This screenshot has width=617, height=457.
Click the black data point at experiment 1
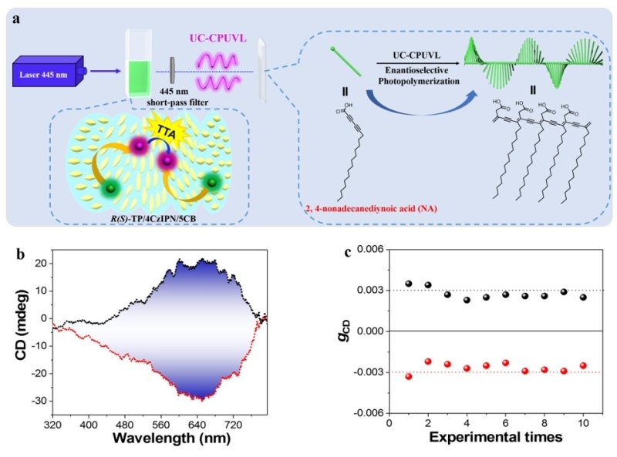point(409,284)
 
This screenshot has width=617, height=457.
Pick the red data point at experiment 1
point(409,376)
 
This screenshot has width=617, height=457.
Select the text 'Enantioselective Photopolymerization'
point(415,75)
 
